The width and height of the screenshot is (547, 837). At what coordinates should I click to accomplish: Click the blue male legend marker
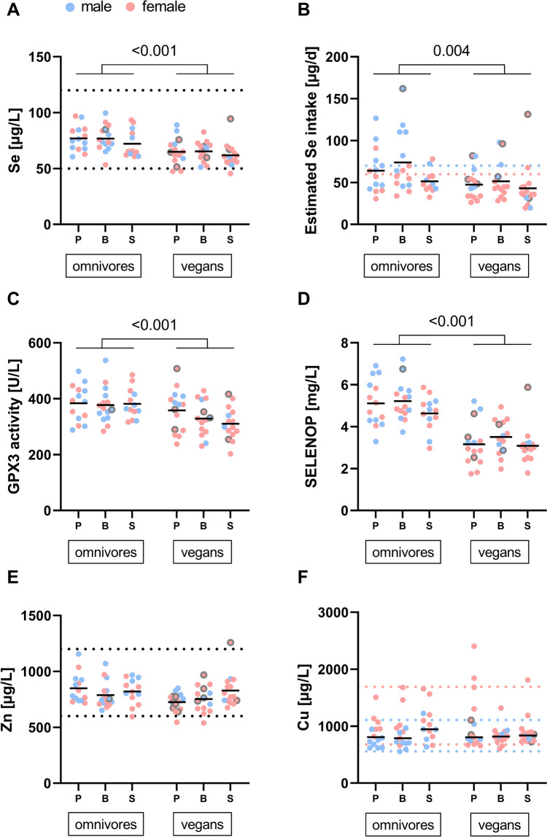[x=69, y=7]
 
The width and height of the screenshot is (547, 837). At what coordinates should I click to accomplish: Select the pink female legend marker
[x=131, y=7]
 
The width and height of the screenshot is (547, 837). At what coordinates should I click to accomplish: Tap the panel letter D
[x=303, y=298]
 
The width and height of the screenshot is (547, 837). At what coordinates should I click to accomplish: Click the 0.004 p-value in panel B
[x=451, y=51]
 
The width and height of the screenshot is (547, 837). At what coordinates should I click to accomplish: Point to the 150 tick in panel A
[x=39, y=57]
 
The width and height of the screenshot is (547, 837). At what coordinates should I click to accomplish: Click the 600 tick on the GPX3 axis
[x=39, y=343]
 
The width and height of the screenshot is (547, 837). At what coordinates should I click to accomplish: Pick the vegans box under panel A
[x=202, y=266]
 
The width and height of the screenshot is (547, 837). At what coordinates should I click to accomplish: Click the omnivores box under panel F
[x=403, y=825]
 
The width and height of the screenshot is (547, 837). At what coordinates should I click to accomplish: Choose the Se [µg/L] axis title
[x=15, y=141]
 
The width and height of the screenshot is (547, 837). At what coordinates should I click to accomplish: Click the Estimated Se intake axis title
[x=311, y=141]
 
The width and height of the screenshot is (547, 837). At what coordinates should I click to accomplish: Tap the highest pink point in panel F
[x=473, y=647]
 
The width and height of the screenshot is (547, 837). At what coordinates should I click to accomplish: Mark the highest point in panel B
[x=403, y=89]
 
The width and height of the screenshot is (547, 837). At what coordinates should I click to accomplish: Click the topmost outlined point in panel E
[x=230, y=643]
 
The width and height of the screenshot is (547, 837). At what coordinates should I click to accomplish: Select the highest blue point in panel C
[x=105, y=361]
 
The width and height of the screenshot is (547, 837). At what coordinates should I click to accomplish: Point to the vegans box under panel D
[x=500, y=552]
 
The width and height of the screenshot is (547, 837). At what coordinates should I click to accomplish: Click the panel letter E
[x=13, y=577]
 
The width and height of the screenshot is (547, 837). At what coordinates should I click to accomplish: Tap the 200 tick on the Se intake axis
[x=338, y=57]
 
